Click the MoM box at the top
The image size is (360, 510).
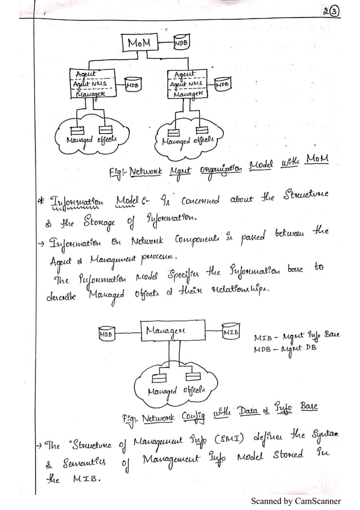[x=139, y=43]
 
